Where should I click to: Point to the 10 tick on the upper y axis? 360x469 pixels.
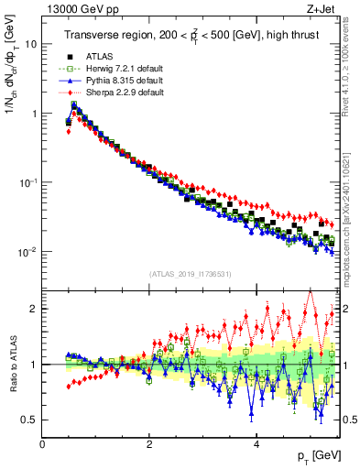coord(30,44)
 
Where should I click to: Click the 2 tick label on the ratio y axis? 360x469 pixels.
coord(33,309)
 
